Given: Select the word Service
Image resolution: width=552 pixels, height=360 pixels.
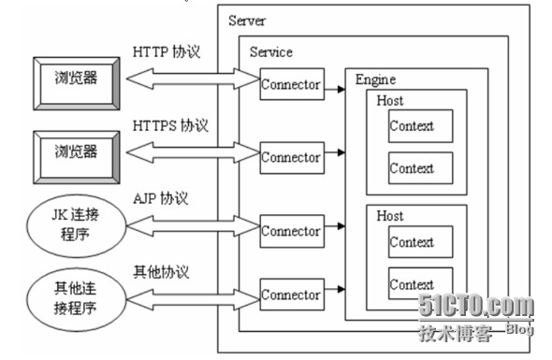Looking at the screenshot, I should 270,52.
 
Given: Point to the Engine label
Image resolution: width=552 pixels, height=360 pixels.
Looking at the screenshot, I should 375,79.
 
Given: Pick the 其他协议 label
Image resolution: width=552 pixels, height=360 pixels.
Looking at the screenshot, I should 162,272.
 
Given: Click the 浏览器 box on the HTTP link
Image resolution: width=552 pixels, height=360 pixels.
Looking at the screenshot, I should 76,81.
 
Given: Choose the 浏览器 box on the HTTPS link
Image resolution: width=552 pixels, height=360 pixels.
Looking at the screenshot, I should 76,151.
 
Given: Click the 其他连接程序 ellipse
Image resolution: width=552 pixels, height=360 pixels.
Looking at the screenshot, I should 74,298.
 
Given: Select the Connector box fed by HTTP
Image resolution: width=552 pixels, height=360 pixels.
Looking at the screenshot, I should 291,85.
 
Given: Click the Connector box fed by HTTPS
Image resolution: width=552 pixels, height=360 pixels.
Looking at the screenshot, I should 291,157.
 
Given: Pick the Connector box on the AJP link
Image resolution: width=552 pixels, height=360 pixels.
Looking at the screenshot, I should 291,231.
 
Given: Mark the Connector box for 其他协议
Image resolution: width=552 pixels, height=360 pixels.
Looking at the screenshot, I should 291,295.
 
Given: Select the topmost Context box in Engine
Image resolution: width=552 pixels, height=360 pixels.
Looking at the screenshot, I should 412,126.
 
